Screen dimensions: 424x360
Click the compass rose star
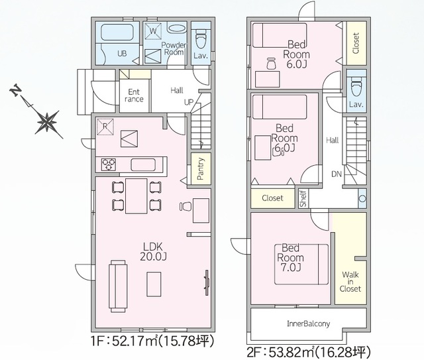coord(48,123)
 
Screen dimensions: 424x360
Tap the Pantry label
coord(200,169)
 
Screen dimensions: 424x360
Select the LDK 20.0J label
coord(153,251)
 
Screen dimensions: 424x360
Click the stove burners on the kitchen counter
coord(109,164)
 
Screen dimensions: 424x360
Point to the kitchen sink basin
coord(143,164)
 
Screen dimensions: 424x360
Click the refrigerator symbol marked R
coord(105,127)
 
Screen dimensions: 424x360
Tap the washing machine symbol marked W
coord(153,31)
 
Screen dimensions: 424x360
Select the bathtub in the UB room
coord(117,32)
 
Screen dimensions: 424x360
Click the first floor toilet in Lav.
coord(201,38)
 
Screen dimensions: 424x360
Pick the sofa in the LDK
coord(118,286)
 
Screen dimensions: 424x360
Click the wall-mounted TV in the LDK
coord(207,282)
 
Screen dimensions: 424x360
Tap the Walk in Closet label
coord(350,282)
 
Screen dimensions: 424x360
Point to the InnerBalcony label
coord(309,324)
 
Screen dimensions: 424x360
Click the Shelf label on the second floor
coord(303,198)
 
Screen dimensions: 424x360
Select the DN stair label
coord(337,174)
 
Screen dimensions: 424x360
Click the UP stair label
coord(189,102)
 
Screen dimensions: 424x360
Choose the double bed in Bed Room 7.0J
coord(301,265)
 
